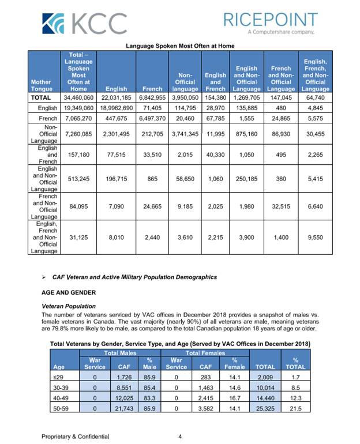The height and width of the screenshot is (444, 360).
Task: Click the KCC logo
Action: (84, 24)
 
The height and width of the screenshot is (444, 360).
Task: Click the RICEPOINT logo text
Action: (269, 20)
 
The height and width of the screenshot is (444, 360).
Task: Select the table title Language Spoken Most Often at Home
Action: (179, 46)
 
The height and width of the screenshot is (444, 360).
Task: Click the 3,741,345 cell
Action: (185, 134)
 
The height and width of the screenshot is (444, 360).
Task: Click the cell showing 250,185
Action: (247, 179)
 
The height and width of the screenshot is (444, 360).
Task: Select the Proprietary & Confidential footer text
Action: (75, 437)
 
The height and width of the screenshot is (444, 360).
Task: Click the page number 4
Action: (180, 437)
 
